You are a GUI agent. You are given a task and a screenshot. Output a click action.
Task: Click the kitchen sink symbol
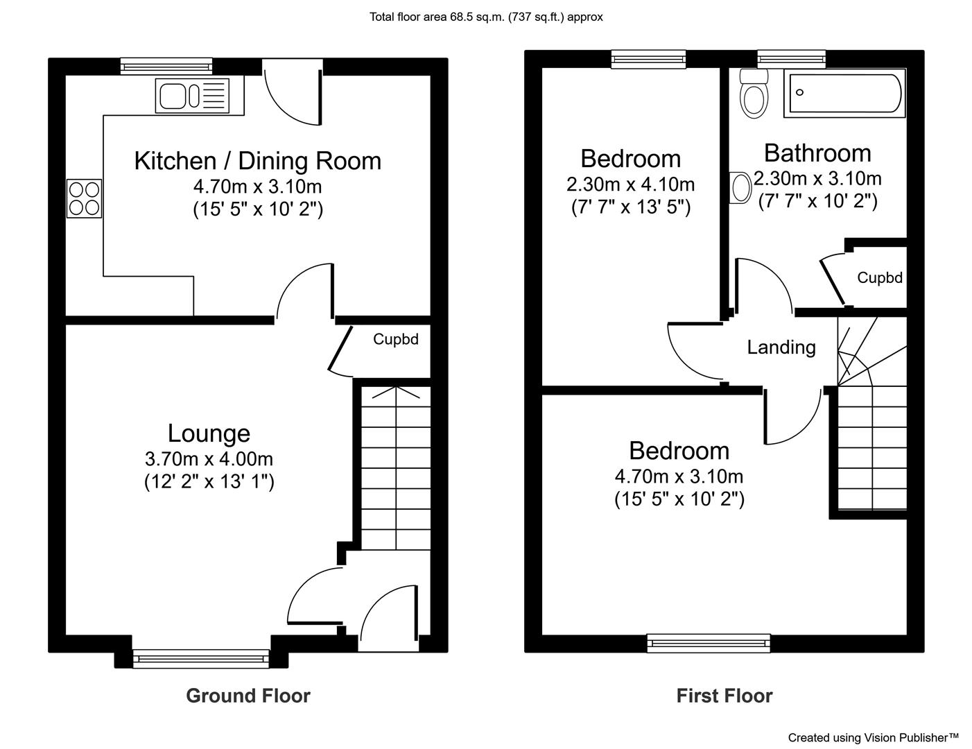coord(192,96)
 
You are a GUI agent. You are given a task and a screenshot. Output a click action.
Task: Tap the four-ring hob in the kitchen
coord(84,198)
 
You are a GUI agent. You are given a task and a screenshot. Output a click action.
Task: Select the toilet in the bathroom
coord(754,94)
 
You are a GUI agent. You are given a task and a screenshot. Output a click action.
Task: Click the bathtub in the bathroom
coord(844,93)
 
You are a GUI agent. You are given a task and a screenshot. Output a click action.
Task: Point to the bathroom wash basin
coord(740,188)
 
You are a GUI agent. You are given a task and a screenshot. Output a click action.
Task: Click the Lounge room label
coord(209,433)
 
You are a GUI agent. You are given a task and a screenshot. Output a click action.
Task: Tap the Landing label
coord(781,347)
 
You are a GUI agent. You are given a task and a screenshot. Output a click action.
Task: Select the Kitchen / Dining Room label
coord(258,161)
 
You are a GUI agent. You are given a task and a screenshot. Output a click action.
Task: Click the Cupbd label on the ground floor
coord(396,339)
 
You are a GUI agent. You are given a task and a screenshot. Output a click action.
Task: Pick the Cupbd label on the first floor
coord(880,278)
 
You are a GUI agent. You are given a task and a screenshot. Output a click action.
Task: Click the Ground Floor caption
coord(248,696)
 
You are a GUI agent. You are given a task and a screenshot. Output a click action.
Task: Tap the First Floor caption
coord(724,696)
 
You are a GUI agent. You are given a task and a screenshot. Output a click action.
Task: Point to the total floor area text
coord(486,17)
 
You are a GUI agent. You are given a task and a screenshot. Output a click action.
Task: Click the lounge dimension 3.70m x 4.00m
coord(209,458)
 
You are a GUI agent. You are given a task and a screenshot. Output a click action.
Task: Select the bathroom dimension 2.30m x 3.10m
coord(817,178)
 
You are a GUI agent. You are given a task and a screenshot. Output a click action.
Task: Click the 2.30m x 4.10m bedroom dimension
coord(631,184)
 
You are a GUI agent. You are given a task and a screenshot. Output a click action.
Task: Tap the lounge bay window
coord(201,659)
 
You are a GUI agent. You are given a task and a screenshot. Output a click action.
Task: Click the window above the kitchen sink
coord(166,66)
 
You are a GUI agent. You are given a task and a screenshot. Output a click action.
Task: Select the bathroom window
coord(791,59)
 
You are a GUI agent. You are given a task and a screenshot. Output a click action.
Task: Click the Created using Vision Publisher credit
coord(873,737)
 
